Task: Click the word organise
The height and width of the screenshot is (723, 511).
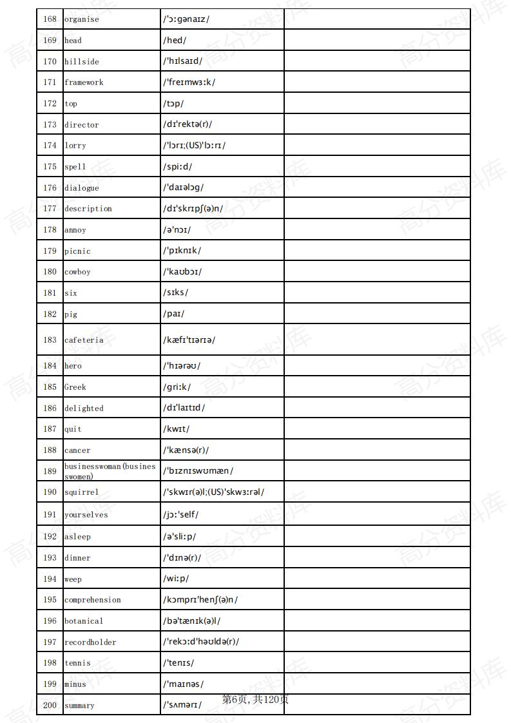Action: (x=82, y=19)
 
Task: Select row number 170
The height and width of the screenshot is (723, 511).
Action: (x=50, y=62)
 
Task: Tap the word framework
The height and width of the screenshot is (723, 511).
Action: (x=84, y=82)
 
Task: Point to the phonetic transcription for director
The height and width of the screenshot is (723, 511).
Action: (x=188, y=124)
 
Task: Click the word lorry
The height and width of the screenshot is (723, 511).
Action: (x=75, y=146)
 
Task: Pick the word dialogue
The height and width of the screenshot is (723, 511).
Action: (x=82, y=188)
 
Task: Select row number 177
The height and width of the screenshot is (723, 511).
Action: (x=50, y=209)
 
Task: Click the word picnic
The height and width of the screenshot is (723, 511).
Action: (x=77, y=251)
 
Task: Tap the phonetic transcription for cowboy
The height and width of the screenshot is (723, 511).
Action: (x=182, y=272)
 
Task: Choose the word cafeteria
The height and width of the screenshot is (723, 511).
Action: (x=84, y=340)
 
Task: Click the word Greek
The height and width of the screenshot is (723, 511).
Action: (x=75, y=387)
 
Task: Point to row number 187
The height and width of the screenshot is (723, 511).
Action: (x=50, y=429)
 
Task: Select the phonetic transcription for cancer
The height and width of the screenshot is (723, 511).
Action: (x=186, y=450)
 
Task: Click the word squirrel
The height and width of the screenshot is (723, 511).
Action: (x=82, y=492)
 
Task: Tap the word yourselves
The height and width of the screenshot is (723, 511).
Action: (x=86, y=515)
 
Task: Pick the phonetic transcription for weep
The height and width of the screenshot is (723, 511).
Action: (x=177, y=579)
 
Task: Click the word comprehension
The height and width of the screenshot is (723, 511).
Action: (x=93, y=600)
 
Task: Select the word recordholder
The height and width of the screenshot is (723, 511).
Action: (x=90, y=642)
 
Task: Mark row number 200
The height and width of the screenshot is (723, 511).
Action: (x=50, y=706)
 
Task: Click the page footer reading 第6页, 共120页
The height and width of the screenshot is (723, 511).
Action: (x=255, y=699)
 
